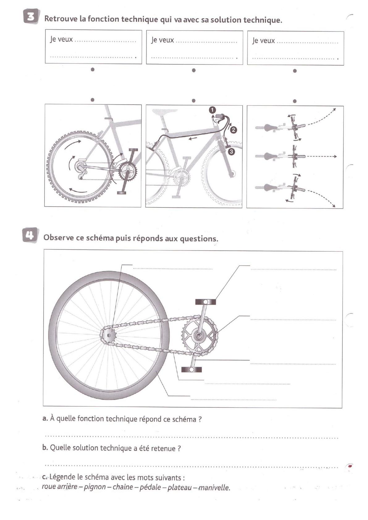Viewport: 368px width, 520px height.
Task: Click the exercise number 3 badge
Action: coord(31,17)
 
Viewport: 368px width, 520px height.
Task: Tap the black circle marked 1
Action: coord(212,110)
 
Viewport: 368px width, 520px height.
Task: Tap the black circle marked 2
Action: coord(233,130)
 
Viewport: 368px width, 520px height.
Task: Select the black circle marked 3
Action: coord(232,152)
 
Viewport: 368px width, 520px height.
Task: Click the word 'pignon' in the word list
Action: coord(95,487)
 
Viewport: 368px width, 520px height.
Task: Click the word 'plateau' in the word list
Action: coord(179,487)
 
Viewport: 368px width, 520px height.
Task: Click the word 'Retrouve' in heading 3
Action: coord(61,19)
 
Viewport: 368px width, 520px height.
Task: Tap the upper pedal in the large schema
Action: coord(205,302)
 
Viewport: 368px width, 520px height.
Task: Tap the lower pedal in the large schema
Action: coord(192,369)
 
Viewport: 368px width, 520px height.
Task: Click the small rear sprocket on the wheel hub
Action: coord(108,335)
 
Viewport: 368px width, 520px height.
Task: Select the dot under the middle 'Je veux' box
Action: coord(194,70)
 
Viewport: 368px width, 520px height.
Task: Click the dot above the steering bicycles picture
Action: coord(295,101)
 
